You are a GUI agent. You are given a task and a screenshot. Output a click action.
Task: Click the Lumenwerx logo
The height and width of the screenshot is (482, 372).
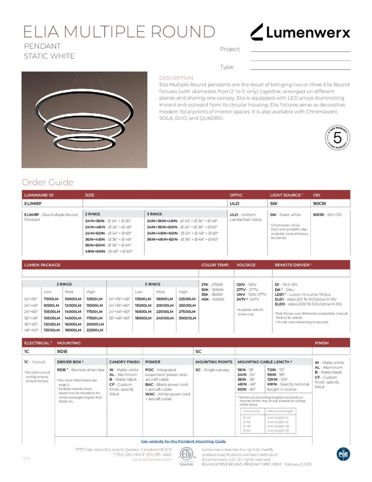[x=300, y=32]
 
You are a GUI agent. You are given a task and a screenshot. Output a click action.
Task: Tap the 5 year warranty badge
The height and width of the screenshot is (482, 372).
[x=337, y=138]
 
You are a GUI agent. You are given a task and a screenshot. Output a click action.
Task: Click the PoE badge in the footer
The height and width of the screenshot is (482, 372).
[x=343, y=454]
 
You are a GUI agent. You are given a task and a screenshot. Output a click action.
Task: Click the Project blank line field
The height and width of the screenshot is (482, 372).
[x=300, y=49]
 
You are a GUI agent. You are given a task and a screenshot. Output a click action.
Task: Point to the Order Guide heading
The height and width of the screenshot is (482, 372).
[x=47, y=182]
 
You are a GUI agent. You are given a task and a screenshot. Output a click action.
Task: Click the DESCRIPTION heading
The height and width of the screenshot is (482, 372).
[x=176, y=78]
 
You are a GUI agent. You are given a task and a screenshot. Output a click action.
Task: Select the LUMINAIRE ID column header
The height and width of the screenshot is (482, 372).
[x=39, y=194]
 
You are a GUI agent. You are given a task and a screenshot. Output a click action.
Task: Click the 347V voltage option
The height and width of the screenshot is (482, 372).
[x=247, y=299]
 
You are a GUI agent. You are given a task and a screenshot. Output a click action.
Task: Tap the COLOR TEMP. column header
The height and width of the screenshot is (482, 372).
[x=214, y=265]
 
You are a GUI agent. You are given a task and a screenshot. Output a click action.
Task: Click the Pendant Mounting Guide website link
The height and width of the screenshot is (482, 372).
[x=183, y=441]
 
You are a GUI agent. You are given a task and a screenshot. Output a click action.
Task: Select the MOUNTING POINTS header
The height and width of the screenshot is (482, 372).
[x=214, y=361]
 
